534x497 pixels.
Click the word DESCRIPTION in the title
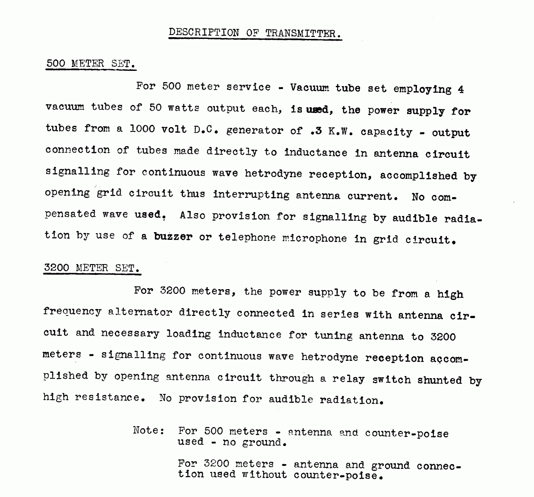(x=203, y=32)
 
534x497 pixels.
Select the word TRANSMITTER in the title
(x=303, y=33)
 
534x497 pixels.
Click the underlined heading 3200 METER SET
(x=92, y=268)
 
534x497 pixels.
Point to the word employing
(x=422, y=89)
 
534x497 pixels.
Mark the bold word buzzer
(x=173, y=237)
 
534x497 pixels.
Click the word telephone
(x=246, y=238)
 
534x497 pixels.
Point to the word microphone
(x=314, y=239)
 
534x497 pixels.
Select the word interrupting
(x=251, y=195)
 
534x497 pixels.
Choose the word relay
(x=348, y=379)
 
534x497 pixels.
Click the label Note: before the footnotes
(x=149, y=430)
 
